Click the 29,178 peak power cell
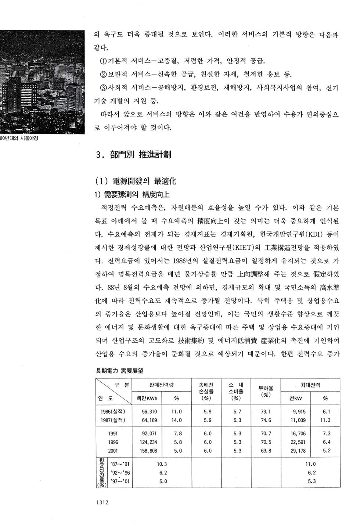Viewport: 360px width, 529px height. [x=298, y=451]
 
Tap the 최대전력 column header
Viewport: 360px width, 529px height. [x=310, y=385]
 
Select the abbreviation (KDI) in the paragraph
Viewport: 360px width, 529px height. [x=312, y=234]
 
